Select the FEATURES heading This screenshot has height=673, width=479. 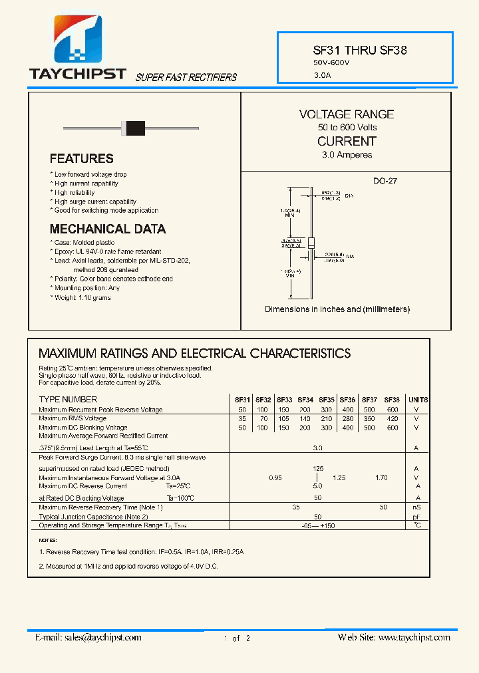click(x=81, y=158)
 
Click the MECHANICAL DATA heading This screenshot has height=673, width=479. click(x=108, y=229)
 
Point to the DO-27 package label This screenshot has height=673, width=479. click(x=385, y=181)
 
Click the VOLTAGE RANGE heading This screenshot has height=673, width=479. click(x=347, y=114)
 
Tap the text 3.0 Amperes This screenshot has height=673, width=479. click(x=347, y=155)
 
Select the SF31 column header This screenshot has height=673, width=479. click(x=242, y=400)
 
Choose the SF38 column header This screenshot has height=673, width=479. click(x=392, y=400)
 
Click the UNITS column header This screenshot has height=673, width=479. click(x=418, y=400)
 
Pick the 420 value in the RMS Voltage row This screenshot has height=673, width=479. click(x=392, y=418)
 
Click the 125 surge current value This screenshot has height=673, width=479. click(x=318, y=469)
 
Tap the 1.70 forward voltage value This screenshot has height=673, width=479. click(x=381, y=477)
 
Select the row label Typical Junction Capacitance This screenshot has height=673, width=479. click(x=93, y=517)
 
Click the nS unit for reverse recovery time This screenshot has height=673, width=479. click(x=417, y=507)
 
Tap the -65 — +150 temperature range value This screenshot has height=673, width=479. click(x=318, y=525)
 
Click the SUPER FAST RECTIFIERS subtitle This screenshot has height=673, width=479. click(x=186, y=77)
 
